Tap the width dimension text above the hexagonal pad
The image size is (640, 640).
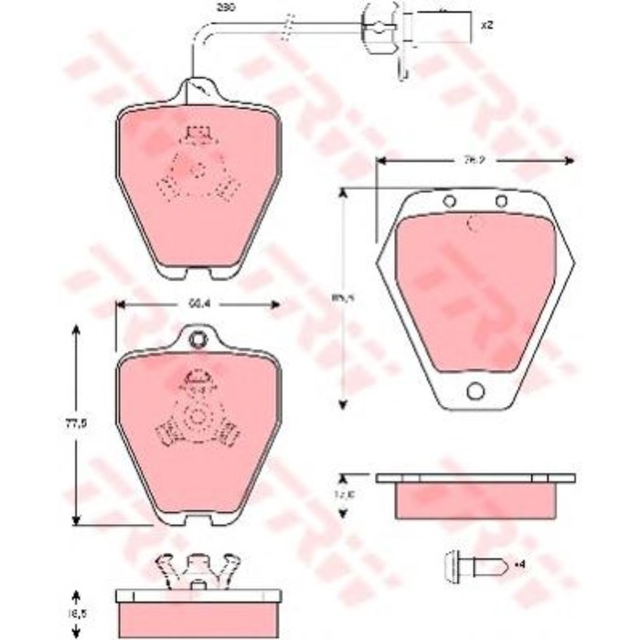pos(474,160)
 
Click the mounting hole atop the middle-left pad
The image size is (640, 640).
pos(197,341)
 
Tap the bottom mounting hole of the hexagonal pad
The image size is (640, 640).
pos(475,391)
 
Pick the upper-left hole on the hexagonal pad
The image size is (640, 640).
pos(448,201)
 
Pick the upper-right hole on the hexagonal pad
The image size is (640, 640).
pos(501,201)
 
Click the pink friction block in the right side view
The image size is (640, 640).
pos(475,500)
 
